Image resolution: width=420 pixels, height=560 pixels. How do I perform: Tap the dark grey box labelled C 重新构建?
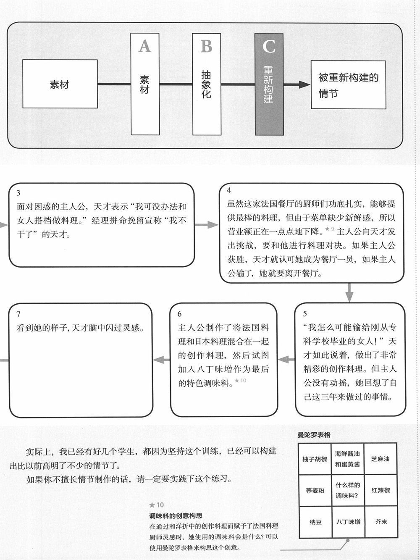[x=269, y=84]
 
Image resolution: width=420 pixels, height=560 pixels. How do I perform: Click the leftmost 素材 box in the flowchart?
[x=59, y=84]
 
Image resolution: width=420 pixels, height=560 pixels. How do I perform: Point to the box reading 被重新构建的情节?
[x=348, y=85]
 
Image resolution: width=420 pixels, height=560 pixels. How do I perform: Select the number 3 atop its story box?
[x=18, y=193]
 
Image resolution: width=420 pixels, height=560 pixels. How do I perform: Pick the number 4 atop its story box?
[x=229, y=190]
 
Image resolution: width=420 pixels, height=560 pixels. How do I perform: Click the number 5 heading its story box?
[x=305, y=313]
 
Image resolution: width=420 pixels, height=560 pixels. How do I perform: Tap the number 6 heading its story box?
[x=180, y=314]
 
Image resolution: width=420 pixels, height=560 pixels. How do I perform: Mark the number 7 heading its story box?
[x=18, y=314]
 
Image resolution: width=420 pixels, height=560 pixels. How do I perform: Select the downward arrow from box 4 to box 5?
[x=349, y=293]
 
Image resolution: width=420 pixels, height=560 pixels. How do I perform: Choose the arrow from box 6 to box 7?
[x=161, y=359]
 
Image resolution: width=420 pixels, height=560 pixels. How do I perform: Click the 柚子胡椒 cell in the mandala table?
[x=315, y=459]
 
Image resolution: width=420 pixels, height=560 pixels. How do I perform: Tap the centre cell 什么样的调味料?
[x=348, y=490]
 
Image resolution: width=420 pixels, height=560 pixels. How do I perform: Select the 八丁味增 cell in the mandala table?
[x=348, y=522]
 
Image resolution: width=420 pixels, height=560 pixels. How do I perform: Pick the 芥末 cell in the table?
[x=381, y=522]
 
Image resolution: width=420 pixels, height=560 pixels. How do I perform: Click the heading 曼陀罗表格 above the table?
[x=314, y=435]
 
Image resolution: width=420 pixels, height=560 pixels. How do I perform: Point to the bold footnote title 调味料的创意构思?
[x=176, y=515]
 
